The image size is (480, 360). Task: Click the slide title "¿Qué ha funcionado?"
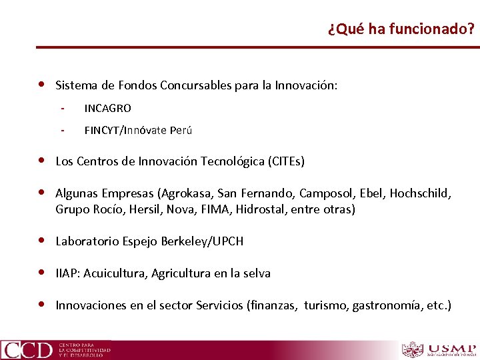(x=401, y=29)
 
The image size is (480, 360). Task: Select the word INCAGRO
(x=107, y=108)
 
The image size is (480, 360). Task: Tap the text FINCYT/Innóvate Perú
(x=138, y=130)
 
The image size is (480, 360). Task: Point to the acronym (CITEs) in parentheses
(x=286, y=161)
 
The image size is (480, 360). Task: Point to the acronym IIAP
(x=67, y=273)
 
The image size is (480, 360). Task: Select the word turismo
(x=326, y=305)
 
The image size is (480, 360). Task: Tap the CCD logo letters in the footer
(x=27, y=349)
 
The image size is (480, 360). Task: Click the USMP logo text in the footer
(x=453, y=348)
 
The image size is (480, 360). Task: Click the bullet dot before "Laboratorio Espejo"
(x=42, y=241)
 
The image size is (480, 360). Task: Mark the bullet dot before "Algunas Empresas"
(x=42, y=193)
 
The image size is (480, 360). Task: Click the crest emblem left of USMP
(x=413, y=349)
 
